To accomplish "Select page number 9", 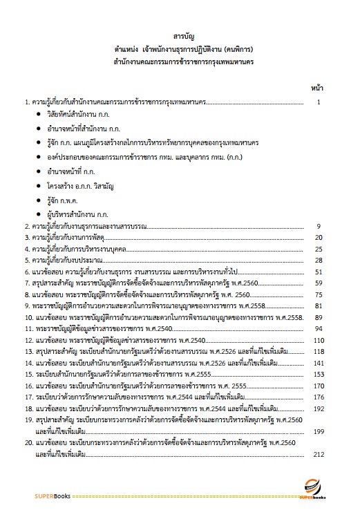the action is (319, 226).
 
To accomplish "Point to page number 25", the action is (319, 249).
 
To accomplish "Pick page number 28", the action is (319, 260).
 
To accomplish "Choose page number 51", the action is (319, 272).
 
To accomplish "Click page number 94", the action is (319, 328).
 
